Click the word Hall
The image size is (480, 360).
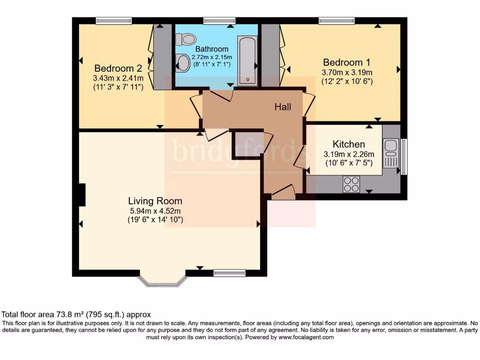(x=283, y=107)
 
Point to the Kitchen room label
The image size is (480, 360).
(x=349, y=144)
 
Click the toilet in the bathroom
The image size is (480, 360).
(x=188, y=38)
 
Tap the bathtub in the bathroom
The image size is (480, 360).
(x=247, y=61)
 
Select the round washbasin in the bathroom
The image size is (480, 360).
(x=183, y=63)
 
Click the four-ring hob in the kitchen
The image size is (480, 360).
(x=351, y=184)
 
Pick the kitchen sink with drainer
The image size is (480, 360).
(x=390, y=153)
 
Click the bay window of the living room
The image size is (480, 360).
(x=163, y=280)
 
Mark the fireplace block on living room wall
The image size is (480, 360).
(x=82, y=195)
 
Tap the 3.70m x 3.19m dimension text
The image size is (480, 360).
(x=347, y=73)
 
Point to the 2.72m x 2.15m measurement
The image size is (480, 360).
(x=212, y=57)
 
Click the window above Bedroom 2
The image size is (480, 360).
(x=113, y=21)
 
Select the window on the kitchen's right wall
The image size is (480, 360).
(x=404, y=156)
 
